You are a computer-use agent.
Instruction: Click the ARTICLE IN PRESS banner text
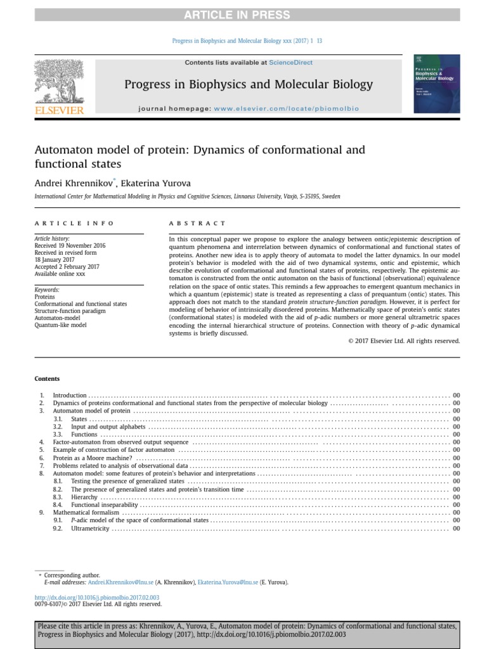243,15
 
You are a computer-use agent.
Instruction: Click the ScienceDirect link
290,62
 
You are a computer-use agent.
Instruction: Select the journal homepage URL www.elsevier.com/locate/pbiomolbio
287,108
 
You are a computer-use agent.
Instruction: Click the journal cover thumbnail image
436,84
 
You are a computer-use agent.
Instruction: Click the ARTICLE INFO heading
74,223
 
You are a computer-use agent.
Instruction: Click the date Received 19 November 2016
70,245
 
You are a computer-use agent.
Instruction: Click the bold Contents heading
47,379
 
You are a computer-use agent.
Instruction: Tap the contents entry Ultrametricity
90,528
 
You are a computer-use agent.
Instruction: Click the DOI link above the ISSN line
96,598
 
